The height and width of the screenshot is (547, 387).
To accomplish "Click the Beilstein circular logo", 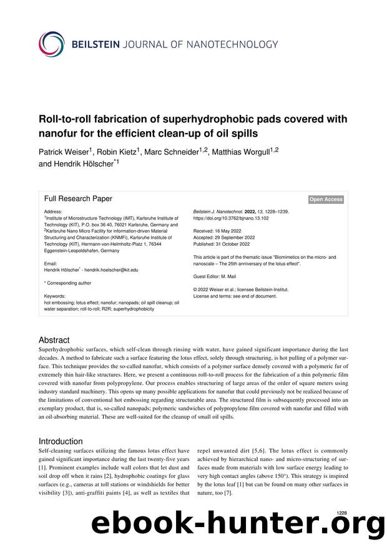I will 52,44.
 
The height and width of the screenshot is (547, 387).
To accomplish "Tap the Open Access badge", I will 326,199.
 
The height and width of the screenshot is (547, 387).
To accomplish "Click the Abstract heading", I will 56,341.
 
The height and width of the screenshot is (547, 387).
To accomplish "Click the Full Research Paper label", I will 78,198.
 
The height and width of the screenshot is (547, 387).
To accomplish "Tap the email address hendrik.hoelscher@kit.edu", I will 111,269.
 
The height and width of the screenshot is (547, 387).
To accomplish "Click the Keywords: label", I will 55,296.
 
